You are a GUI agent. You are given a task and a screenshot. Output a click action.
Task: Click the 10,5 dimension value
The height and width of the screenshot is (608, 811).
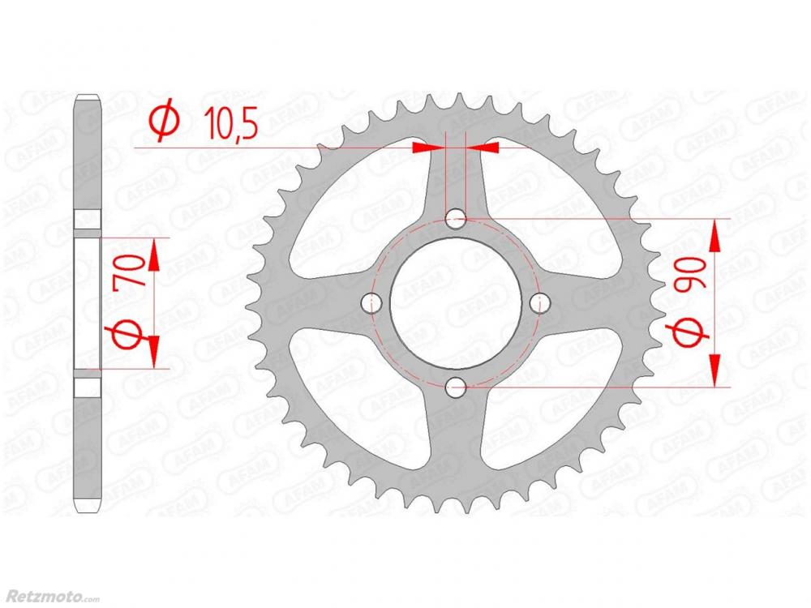point(231,123)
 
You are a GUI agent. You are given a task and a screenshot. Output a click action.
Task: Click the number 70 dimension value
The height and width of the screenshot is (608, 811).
point(134,271)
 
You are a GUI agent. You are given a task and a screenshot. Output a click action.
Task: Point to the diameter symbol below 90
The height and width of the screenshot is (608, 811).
point(690,331)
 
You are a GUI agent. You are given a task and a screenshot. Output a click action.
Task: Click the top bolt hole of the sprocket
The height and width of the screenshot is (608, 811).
point(456,219)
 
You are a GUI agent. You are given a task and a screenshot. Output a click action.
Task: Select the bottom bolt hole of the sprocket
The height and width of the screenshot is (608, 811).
point(456,387)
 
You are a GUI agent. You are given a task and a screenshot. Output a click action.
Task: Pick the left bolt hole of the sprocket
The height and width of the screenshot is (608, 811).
point(371,303)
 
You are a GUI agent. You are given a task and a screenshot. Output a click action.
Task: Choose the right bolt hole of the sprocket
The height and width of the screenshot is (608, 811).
point(539,303)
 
